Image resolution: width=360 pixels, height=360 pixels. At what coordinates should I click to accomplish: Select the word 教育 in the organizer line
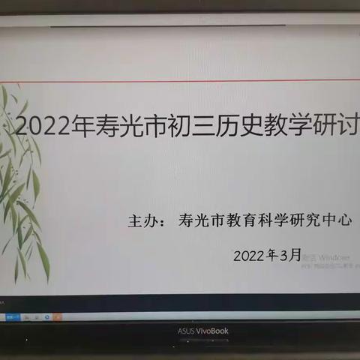point(241,223)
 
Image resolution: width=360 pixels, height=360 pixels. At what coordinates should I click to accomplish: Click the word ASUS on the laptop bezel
point(187,330)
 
